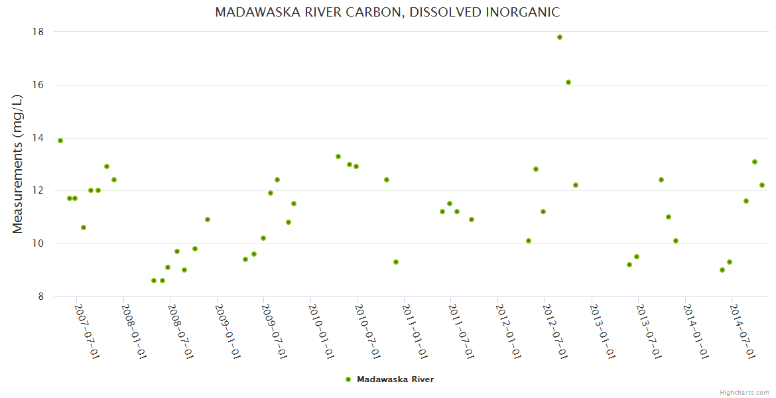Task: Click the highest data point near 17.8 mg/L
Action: [560, 37]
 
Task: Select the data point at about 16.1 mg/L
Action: [568, 82]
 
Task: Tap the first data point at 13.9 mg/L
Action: [60, 141]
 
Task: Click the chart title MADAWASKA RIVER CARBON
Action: [387, 13]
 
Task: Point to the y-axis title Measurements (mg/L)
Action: [18, 164]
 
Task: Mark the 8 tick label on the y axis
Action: [40, 297]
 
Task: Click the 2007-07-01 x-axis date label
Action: [87, 332]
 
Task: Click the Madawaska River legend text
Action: [395, 379]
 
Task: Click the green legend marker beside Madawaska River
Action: [348, 379]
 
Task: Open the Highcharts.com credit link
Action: [744, 392]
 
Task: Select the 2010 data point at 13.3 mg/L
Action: [338, 157]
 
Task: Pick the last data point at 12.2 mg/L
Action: [762, 185]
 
